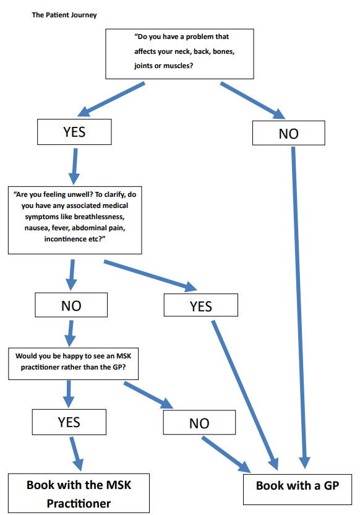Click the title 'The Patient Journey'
[x=64, y=14]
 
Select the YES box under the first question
[x=74, y=132]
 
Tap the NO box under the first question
[x=288, y=133]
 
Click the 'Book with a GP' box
[x=297, y=486]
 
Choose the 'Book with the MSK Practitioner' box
[x=79, y=493]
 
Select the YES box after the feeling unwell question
[x=200, y=306]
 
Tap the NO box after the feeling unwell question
[x=71, y=305]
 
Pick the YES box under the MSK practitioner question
[x=69, y=422]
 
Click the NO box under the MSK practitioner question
[x=199, y=423]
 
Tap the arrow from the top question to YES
[x=111, y=99]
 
